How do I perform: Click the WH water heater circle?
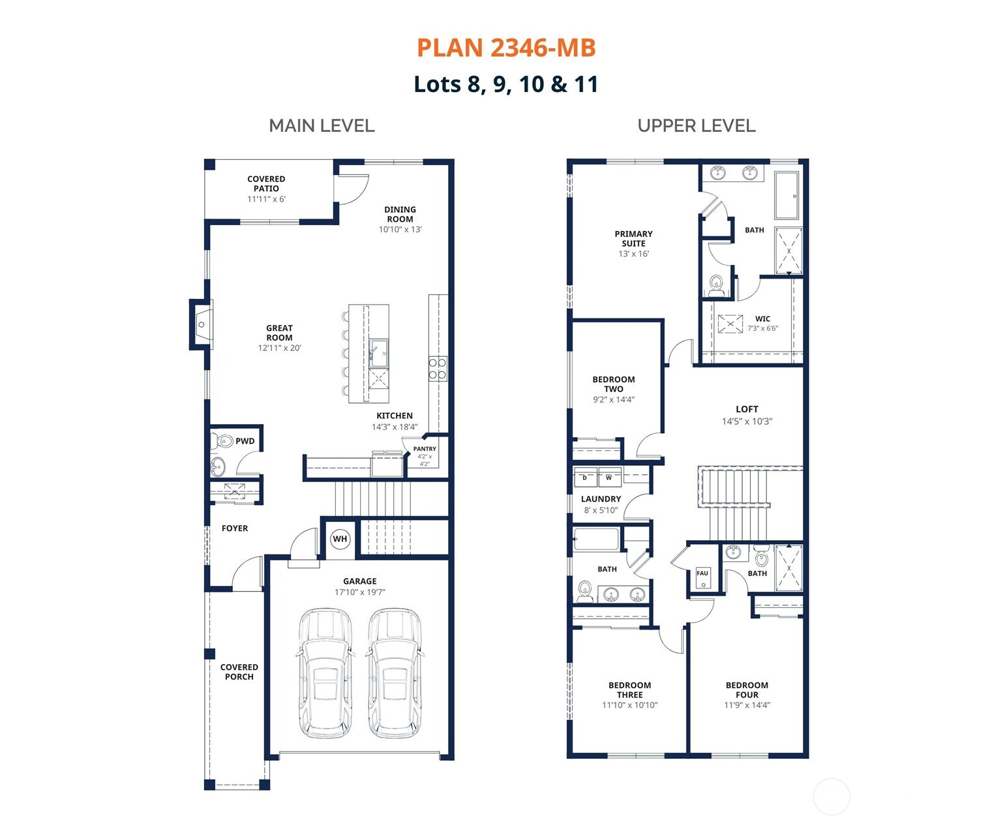(x=340, y=539)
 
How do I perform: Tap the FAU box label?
(x=702, y=573)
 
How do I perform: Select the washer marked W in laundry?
(x=609, y=478)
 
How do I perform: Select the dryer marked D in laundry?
(x=584, y=478)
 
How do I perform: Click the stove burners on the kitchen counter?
(x=438, y=369)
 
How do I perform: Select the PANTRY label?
(x=425, y=449)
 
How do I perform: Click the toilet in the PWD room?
(x=222, y=440)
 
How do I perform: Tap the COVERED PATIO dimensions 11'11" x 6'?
(x=266, y=199)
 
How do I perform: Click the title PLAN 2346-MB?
(x=506, y=48)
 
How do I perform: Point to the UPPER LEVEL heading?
(x=696, y=125)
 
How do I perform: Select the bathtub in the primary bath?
(x=787, y=195)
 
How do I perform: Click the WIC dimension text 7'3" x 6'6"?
(x=762, y=328)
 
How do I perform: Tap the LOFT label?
(x=747, y=409)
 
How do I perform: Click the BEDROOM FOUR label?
(x=747, y=690)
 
